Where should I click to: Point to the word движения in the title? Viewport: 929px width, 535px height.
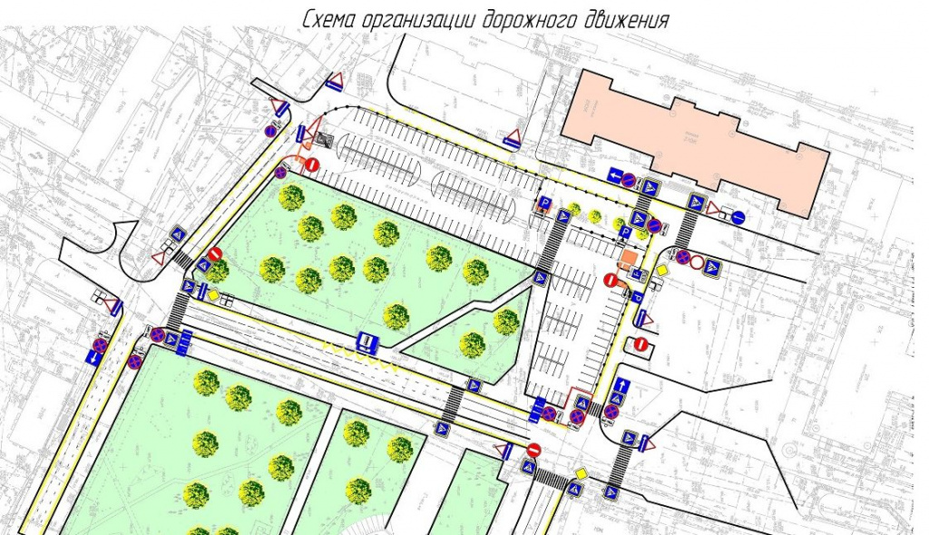pos(626,19)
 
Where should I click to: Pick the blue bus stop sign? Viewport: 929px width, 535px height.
pos(367,342)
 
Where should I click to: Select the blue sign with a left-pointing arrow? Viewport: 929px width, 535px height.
pos(614,176)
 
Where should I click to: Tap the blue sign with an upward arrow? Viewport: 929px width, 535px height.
pos(622,385)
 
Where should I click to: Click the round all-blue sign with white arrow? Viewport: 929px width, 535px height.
pos(738,217)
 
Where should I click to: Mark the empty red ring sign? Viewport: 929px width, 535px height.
pos(697,263)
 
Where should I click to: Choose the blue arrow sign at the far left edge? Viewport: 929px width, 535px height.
pos(94,359)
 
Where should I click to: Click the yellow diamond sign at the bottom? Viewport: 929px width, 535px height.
pos(580,474)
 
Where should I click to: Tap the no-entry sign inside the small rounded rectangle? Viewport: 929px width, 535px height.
pos(641,345)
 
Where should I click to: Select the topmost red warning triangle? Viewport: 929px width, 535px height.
pos(335,79)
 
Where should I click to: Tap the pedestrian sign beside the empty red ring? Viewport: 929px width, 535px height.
pos(712,268)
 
